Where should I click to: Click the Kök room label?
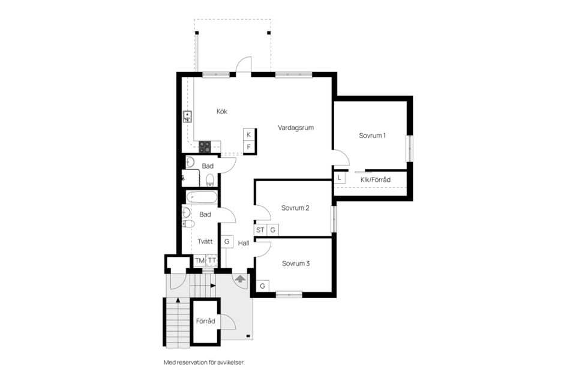[222, 112]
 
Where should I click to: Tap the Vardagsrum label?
[296, 128]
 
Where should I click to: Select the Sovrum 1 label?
[372, 136]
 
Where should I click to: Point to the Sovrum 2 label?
[295, 208]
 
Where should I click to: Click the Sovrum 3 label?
[296, 263]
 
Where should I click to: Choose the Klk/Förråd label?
[376, 179]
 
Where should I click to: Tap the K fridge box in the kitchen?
[248, 134]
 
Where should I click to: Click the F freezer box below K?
[248, 147]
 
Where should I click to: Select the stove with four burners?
[205, 146]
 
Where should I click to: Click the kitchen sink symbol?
[187, 116]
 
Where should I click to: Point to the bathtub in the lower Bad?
[202, 197]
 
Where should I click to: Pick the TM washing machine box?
[200, 260]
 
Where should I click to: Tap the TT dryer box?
[212, 260]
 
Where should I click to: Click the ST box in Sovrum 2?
[260, 230]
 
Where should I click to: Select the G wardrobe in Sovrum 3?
[263, 286]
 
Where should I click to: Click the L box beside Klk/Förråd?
[340, 178]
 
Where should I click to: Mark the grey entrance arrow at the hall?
[240, 278]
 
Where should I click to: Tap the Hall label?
[244, 243]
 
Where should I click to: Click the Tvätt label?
[205, 241]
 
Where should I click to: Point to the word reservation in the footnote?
[193, 362]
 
